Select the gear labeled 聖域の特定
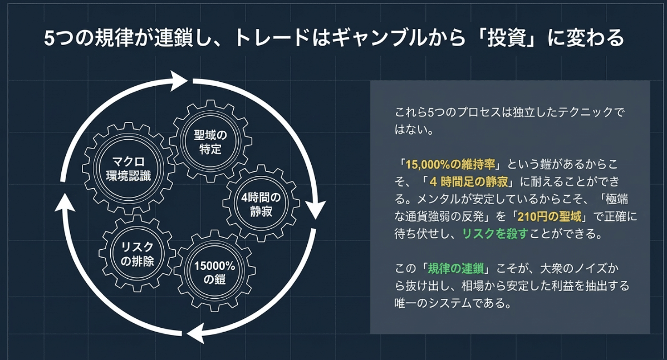(210, 142)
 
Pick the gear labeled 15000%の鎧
(214, 272)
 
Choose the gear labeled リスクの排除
(137, 254)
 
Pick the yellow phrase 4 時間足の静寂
(469, 182)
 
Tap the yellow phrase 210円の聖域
(549, 217)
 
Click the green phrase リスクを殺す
(495, 234)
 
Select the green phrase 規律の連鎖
(455, 269)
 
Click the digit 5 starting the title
(50, 38)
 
